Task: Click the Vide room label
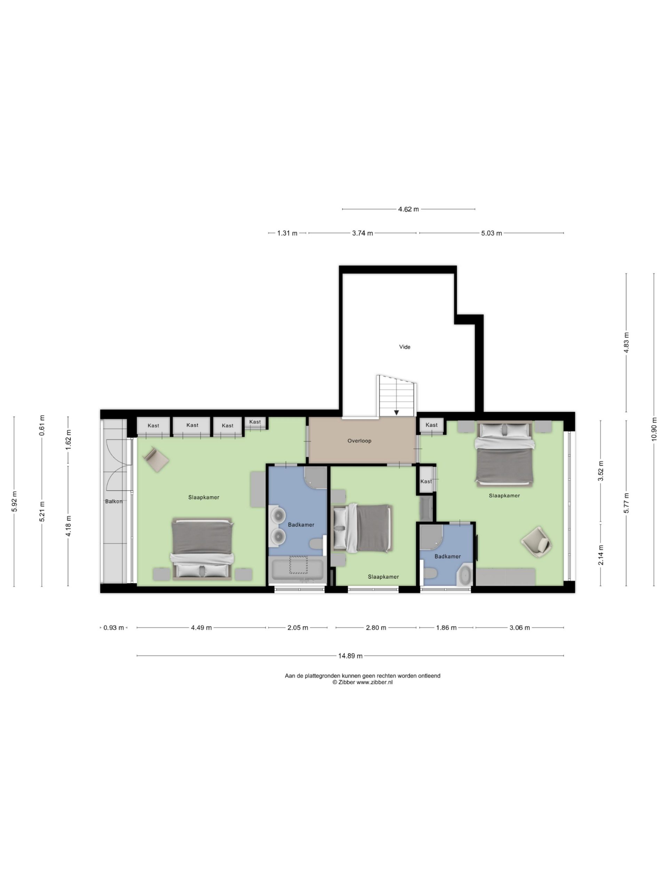[404, 347]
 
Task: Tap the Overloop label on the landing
[359, 441]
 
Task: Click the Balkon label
[113, 502]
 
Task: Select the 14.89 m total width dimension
[350, 656]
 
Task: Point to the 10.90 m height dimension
[653, 430]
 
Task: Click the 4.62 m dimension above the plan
[408, 209]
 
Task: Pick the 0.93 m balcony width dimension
[113, 628]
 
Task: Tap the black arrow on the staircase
[397, 412]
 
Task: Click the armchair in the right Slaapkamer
[536, 542]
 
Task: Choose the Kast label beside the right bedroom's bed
[431, 425]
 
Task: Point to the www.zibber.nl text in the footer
[374, 683]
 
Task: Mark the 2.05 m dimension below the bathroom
[297, 628]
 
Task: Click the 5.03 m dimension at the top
[491, 233]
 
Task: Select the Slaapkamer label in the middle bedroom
[383, 577]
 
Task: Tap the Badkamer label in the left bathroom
[301, 525]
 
